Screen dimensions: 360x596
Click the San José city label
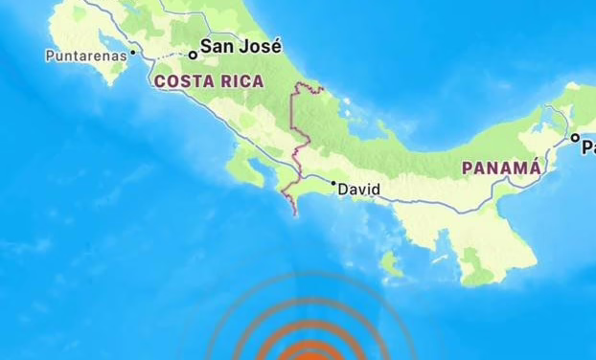(241, 45)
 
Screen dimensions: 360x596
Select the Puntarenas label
(85, 56)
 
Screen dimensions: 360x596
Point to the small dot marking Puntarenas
(133, 52)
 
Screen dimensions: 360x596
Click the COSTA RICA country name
(208, 82)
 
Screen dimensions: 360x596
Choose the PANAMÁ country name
(501, 168)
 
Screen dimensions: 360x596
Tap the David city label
(359, 190)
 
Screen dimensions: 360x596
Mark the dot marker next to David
(333, 183)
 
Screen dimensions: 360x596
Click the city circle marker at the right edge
(576, 139)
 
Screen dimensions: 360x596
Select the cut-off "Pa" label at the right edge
(587, 147)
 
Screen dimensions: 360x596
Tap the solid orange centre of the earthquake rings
(309, 352)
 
